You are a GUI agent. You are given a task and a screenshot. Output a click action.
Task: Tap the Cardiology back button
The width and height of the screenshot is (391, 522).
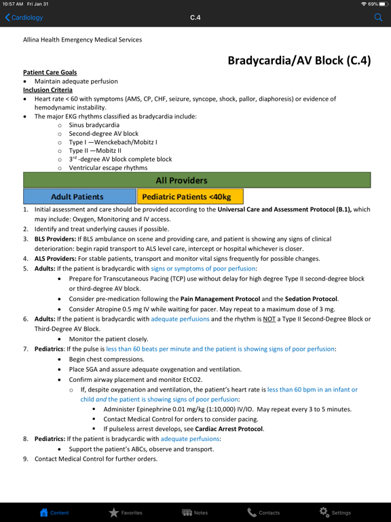[24, 18]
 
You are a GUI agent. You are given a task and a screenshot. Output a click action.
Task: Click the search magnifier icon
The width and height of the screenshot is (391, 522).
[379, 18]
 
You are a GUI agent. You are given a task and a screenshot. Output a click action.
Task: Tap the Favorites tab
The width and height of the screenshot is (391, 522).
[126, 512]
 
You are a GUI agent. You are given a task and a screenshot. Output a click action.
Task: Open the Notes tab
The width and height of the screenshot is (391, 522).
[195, 512]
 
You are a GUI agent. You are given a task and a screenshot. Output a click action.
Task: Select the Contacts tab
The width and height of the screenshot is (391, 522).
[263, 512]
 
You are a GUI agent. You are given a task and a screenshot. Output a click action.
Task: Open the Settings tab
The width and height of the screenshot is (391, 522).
[335, 512]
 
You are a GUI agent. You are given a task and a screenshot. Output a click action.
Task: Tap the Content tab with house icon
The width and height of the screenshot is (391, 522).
[54, 512]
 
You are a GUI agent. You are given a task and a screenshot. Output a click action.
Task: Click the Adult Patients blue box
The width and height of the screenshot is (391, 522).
[78, 197]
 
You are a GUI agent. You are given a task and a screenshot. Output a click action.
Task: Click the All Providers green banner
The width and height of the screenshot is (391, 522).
[197, 180]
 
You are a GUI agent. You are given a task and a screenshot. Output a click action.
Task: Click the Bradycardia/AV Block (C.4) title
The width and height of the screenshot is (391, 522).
[299, 60]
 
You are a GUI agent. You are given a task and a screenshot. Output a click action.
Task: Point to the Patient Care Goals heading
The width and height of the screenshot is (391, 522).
[50, 72]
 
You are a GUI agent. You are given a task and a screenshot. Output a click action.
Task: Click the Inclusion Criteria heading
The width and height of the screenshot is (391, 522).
[48, 90]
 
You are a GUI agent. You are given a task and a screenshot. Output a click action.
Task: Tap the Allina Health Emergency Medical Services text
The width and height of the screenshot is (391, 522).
[82, 39]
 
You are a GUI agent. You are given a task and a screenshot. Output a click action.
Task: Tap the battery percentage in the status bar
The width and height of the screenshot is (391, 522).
[373, 4]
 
